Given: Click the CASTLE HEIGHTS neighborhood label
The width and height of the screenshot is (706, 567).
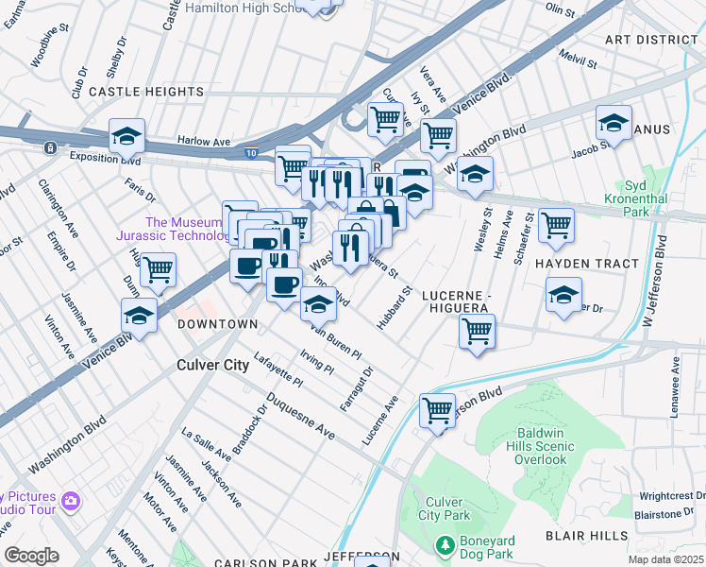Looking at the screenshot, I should click(x=145, y=92).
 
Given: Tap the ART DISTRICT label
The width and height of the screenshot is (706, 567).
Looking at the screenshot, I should click(x=651, y=40).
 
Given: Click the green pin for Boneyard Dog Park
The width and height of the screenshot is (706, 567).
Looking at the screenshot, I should click(x=446, y=545).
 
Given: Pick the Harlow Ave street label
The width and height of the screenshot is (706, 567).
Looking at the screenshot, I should click(x=204, y=143).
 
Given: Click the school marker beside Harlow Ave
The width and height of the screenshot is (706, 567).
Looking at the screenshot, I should click(x=126, y=137).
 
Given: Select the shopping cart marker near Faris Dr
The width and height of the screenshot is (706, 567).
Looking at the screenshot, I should click(x=158, y=269).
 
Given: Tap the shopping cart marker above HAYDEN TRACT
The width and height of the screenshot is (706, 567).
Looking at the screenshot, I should click(x=556, y=224).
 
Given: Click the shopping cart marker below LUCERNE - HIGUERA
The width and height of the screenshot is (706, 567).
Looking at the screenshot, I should click(x=477, y=332).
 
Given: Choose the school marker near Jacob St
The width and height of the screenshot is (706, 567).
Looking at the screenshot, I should click(x=614, y=124).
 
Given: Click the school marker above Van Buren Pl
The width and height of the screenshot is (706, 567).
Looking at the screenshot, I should click(x=318, y=304).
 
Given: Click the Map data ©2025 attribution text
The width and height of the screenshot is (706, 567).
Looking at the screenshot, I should click(x=664, y=559).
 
